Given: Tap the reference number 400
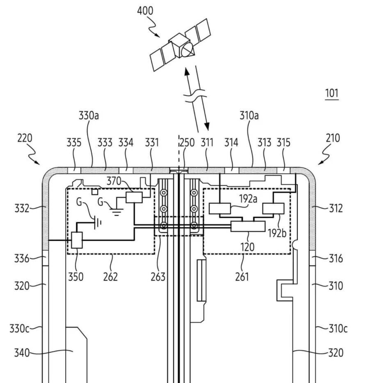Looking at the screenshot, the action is coord(145,11).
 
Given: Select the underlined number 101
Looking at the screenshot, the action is coord(332,93).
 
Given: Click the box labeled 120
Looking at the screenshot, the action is coord(248,226).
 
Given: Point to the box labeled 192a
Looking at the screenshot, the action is coord(219,208).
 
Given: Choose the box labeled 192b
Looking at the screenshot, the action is coord(273,208).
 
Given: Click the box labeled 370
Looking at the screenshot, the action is coord(134,197).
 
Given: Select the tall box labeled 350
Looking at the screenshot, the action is coord(77,240).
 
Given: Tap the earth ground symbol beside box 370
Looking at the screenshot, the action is coord(116,212).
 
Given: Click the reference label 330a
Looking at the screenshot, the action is coord(89,115).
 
